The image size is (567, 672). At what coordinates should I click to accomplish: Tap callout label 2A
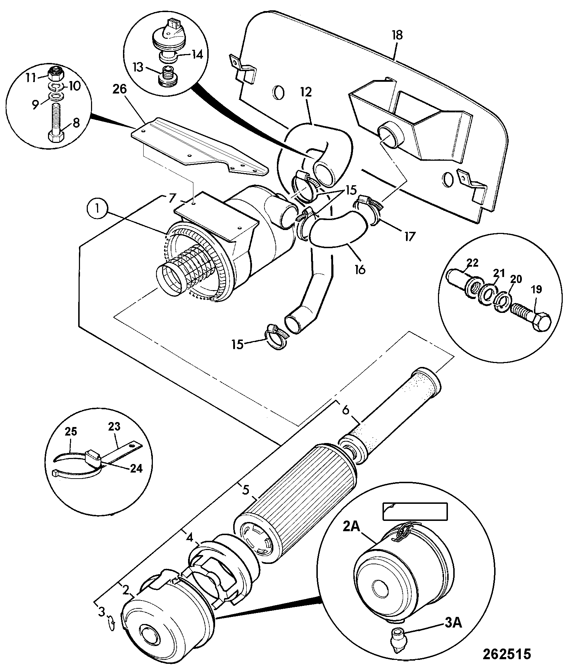pos(352,527)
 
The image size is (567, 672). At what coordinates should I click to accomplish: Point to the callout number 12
pos(306,92)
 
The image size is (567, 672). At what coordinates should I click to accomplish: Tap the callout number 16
pos(360,270)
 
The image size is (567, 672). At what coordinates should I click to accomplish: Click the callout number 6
pos(346,410)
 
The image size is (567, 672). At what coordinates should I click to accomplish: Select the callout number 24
pos(136,469)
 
